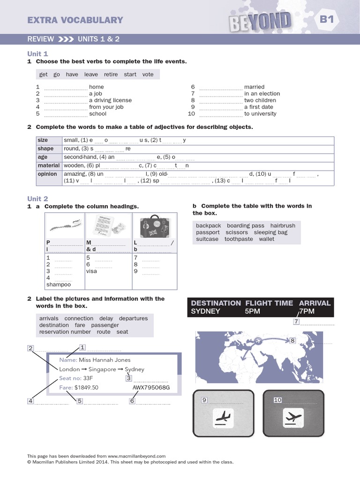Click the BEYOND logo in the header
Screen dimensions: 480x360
(261, 21)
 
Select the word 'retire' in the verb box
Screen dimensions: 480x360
(111, 75)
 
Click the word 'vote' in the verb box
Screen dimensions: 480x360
(148, 75)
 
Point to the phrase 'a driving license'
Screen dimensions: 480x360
(110, 100)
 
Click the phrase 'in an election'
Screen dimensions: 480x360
(262, 94)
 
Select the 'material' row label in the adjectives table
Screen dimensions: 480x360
(48, 165)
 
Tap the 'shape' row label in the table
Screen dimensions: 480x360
(45, 149)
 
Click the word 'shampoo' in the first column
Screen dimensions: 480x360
(59, 285)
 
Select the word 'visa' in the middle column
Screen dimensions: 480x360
(91, 271)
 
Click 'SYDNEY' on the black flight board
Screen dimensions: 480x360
(205, 311)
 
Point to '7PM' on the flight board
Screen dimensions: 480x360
(307, 311)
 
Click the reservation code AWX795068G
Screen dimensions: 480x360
(151, 388)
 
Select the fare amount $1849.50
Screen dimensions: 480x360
(87, 388)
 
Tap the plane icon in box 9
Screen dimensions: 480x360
(223, 417)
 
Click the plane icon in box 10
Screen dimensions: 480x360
(293, 417)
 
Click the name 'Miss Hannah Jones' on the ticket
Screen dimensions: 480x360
(105, 360)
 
